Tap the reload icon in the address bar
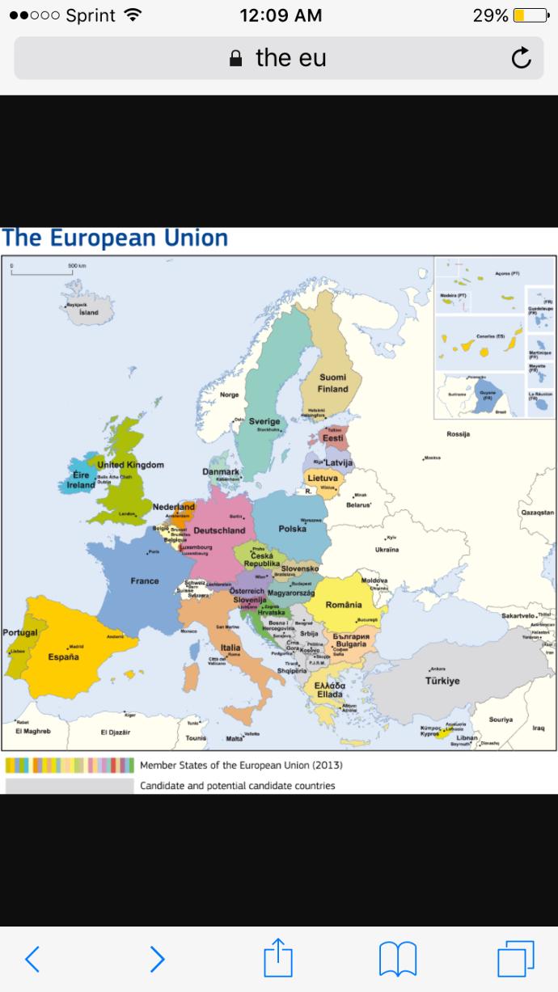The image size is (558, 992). click(x=522, y=58)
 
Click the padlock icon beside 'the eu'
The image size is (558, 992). click(x=236, y=58)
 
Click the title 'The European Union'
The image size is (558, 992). click(x=115, y=239)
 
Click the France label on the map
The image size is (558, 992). click(x=145, y=580)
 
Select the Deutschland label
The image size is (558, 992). click(x=219, y=530)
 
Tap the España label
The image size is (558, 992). click(x=63, y=656)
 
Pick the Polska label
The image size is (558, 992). click(x=292, y=528)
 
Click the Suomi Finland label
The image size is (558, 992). click(x=332, y=383)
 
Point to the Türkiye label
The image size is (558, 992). click(x=442, y=681)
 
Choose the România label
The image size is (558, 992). click(x=344, y=605)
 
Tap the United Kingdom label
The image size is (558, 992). click(x=130, y=465)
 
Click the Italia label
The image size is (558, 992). click(x=230, y=647)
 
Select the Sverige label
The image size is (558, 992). click(x=264, y=421)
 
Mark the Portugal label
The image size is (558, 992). click(x=20, y=632)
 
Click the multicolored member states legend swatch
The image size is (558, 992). click(x=70, y=765)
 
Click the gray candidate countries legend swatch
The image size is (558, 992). click(x=70, y=785)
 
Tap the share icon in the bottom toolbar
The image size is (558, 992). click(x=278, y=959)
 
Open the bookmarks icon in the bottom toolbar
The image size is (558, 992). click(x=397, y=959)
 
